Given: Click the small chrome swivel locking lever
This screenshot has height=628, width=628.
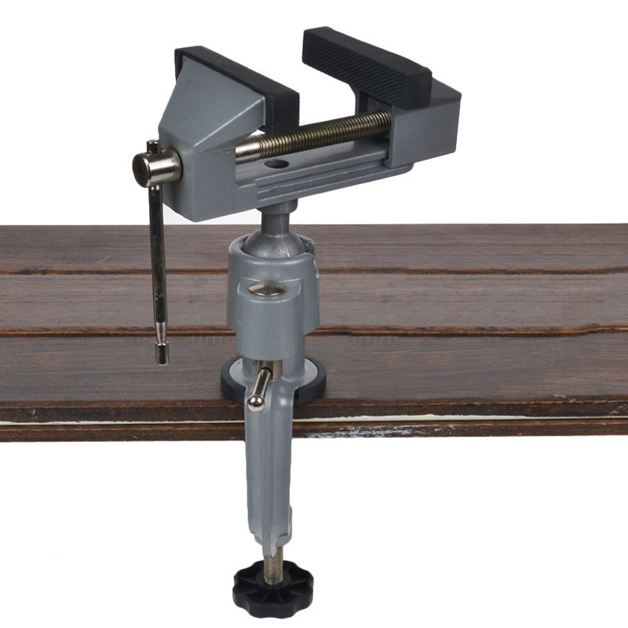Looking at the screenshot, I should pos(259,388).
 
